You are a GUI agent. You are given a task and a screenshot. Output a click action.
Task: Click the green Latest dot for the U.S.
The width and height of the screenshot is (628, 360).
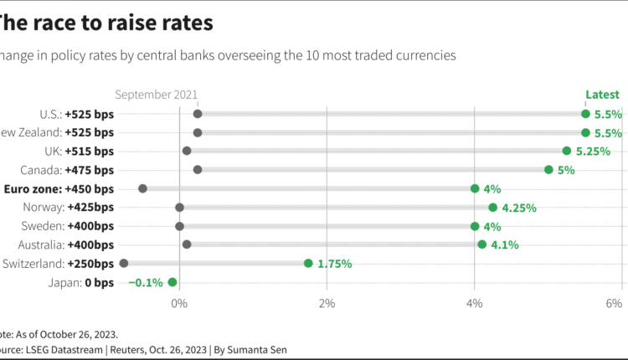pyautogui.click(x=585, y=114)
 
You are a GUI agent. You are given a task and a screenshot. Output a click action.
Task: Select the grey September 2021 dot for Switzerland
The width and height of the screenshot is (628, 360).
pyautogui.click(x=124, y=263)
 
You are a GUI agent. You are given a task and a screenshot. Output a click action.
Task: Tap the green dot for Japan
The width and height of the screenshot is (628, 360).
pyautogui.click(x=172, y=282)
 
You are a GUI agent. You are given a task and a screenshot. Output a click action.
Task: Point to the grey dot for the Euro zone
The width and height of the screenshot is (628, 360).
pyautogui.click(x=142, y=188)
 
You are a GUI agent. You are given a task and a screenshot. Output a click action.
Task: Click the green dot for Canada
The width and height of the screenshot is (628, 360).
pyautogui.click(x=548, y=170)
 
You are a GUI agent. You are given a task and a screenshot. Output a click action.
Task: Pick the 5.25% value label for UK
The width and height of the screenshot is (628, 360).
pyautogui.click(x=593, y=152)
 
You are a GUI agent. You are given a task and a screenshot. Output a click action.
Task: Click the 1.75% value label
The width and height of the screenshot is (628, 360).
pyautogui.click(x=335, y=264)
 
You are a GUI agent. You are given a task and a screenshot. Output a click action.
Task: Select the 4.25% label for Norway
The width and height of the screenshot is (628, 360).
pyautogui.click(x=519, y=208)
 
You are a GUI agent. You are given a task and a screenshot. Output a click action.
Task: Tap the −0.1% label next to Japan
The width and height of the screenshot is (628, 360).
pyautogui.click(x=146, y=282)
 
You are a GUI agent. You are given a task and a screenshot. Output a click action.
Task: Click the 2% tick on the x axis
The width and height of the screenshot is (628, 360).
pyautogui.click(x=327, y=302)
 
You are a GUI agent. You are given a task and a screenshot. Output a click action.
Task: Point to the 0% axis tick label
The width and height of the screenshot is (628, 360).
pyautogui.click(x=179, y=302)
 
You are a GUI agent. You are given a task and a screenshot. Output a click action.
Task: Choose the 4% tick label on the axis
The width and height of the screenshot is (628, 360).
pyautogui.click(x=474, y=302)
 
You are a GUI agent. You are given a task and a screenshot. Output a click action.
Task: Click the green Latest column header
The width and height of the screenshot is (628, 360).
pyautogui.click(x=602, y=95)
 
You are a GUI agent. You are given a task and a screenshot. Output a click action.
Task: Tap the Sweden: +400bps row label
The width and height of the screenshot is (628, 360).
pyautogui.click(x=74, y=226)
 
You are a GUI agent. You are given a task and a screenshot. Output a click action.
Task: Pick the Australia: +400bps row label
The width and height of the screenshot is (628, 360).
pyautogui.click(x=69, y=244)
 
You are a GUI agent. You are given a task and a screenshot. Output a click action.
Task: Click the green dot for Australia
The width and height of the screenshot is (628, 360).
pyautogui.click(x=481, y=244)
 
